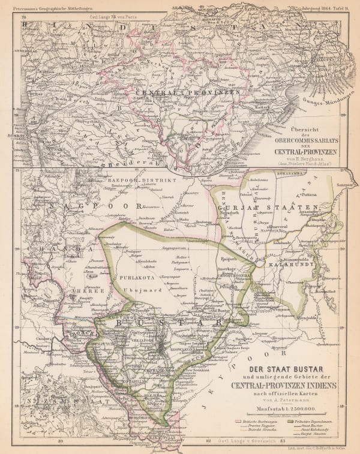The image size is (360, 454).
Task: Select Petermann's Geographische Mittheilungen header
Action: coord(54,9)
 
